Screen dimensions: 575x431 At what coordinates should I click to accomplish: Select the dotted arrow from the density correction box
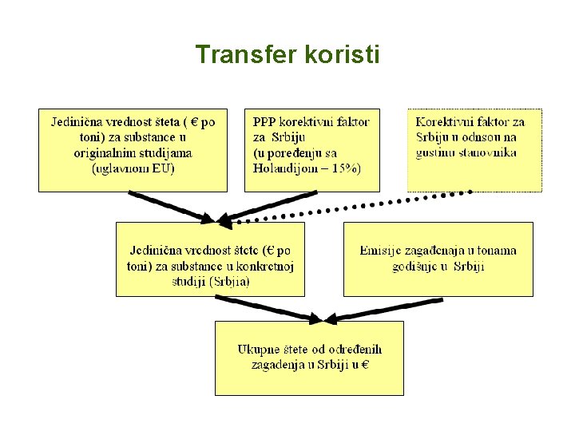[x=351, y=207]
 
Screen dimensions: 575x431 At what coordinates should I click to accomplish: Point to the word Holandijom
[x=284, y=168]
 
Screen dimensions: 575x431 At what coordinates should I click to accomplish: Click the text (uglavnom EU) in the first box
[x=133, y=168]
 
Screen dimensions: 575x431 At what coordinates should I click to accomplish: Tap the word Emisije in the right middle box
[x=382, y=251]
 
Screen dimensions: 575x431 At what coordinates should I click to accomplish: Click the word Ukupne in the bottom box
[x=259, y=350]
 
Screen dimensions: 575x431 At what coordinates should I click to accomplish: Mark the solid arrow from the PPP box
[x=268, y=204]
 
